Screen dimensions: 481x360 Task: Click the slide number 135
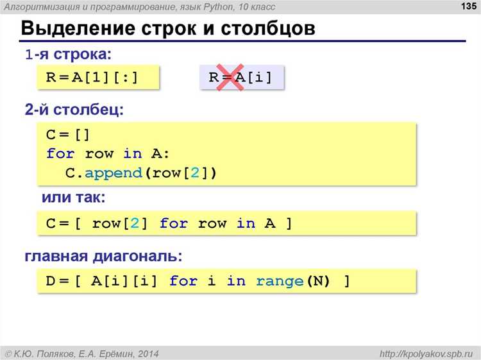coord(468,6)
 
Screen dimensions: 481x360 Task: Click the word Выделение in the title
coord(78,28)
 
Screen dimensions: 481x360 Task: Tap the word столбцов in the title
coord(268,28)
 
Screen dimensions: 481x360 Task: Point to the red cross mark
coord(230,77)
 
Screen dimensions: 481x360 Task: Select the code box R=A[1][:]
coord(98,78)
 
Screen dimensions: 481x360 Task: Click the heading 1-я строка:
coord(68,55)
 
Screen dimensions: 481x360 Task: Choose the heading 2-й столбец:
coord(74,110)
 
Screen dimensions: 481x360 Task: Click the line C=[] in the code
coord(68,135)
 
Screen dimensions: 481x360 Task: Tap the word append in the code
coord(114,174)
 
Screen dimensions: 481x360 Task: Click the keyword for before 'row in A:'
coord(60,153)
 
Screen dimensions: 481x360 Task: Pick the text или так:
coord(74,198)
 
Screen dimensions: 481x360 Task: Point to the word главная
coord(56,256)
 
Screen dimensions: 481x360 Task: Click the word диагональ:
coord(138,256)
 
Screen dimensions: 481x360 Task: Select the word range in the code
coord(280,281)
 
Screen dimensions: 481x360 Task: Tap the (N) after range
coord(318,281)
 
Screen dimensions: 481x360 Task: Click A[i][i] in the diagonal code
coord(124,281)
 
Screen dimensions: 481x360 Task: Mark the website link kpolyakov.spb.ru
coord(426,354)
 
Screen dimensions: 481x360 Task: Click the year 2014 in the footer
coord(148,354)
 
